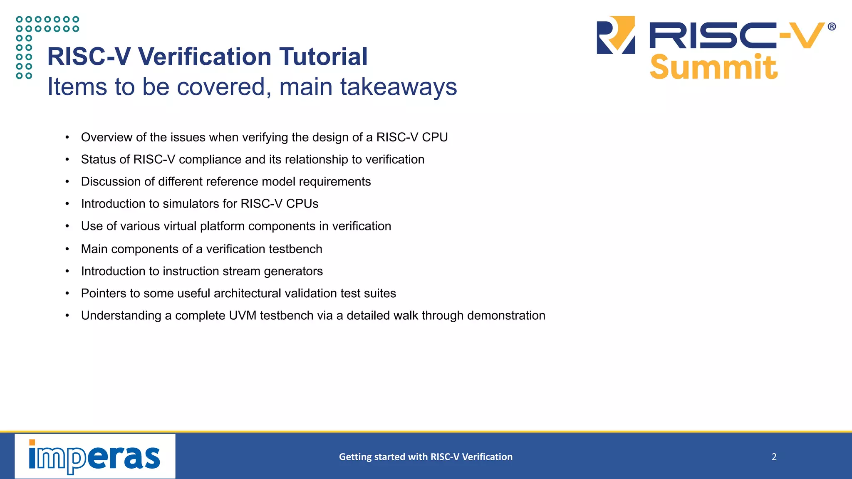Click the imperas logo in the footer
tap(95, 457)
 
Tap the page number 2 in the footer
tap(774, 457)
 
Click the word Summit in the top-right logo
tap(713, 67)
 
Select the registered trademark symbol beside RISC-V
tap(832, 27)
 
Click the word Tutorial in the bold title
tap(323, 57)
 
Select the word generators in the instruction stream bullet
tap(293, 271)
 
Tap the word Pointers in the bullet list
tap(104, 294)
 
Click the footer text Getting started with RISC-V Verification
tap(426, 457)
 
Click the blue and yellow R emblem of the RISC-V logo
tap(616, 35)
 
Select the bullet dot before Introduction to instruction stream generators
tap(67, 272)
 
